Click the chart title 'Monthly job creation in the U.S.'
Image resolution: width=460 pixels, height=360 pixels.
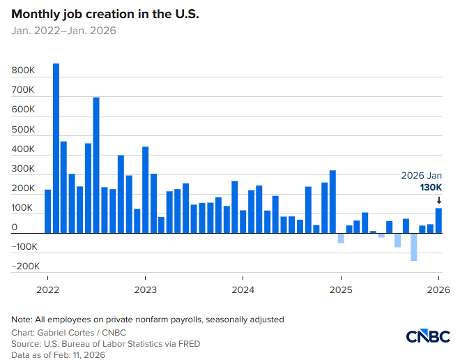[105, 14]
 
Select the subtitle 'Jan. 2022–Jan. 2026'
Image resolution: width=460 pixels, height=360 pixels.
[63, 31]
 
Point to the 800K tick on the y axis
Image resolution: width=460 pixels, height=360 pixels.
[23, 71]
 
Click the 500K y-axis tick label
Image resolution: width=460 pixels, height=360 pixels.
[23, 130]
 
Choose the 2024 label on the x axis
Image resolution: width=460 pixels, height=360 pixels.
[243, 289]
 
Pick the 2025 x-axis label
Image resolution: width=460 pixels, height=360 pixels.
[341, 289]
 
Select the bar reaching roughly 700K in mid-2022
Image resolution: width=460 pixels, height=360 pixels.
[96, 165]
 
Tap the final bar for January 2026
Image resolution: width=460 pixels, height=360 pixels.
[439, 220]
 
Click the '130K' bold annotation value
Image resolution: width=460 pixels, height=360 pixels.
[430, 188]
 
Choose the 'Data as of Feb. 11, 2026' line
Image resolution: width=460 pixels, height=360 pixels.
[58, 354]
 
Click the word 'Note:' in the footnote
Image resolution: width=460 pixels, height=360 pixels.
[22, 319]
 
